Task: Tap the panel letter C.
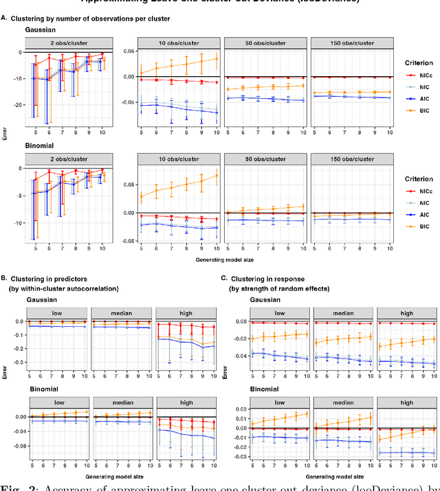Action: (x=223, y=277)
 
